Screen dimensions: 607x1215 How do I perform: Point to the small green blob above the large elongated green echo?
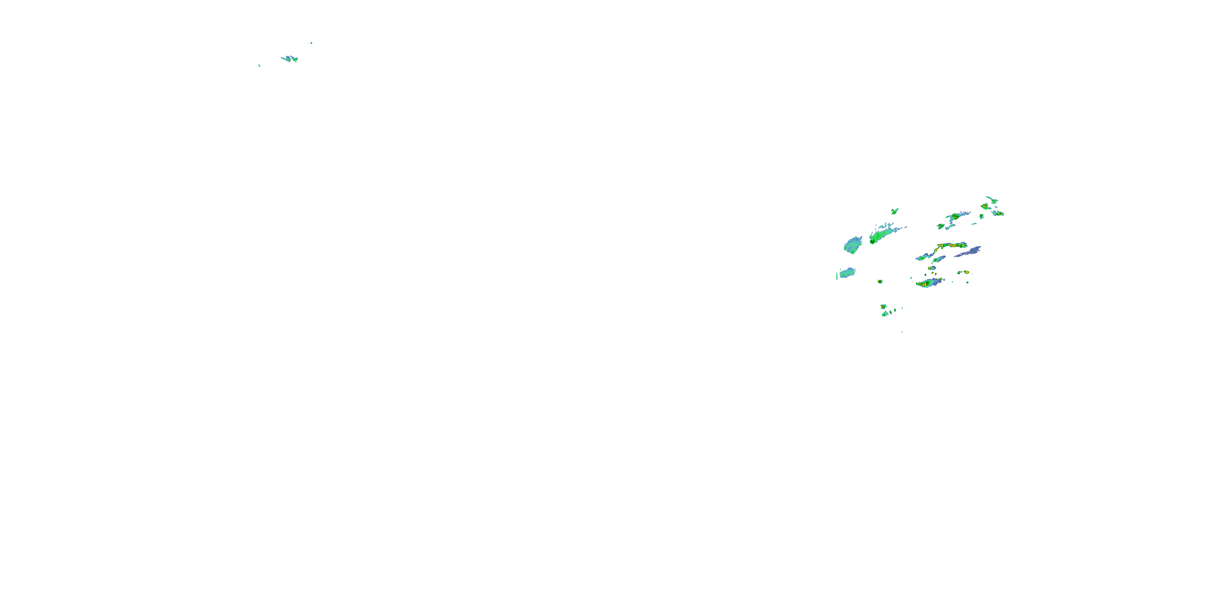(x=894, y=211)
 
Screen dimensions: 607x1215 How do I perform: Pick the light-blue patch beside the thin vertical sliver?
(x=847, y=272)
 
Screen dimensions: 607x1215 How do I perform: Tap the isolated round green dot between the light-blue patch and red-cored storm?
(x=880, y=281)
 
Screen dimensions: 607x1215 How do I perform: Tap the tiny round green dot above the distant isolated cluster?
(x=311, y=43)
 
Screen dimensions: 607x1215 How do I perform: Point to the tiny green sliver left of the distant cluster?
(x=259, y=65)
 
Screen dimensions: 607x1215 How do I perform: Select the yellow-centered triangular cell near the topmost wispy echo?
(x=985, y=206)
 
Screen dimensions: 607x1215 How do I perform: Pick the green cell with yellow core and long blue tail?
(x=955, y=217)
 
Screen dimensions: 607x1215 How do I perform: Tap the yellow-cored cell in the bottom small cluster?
(x=883, y=306)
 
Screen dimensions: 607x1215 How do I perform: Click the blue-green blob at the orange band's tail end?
(x=922, y=258)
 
